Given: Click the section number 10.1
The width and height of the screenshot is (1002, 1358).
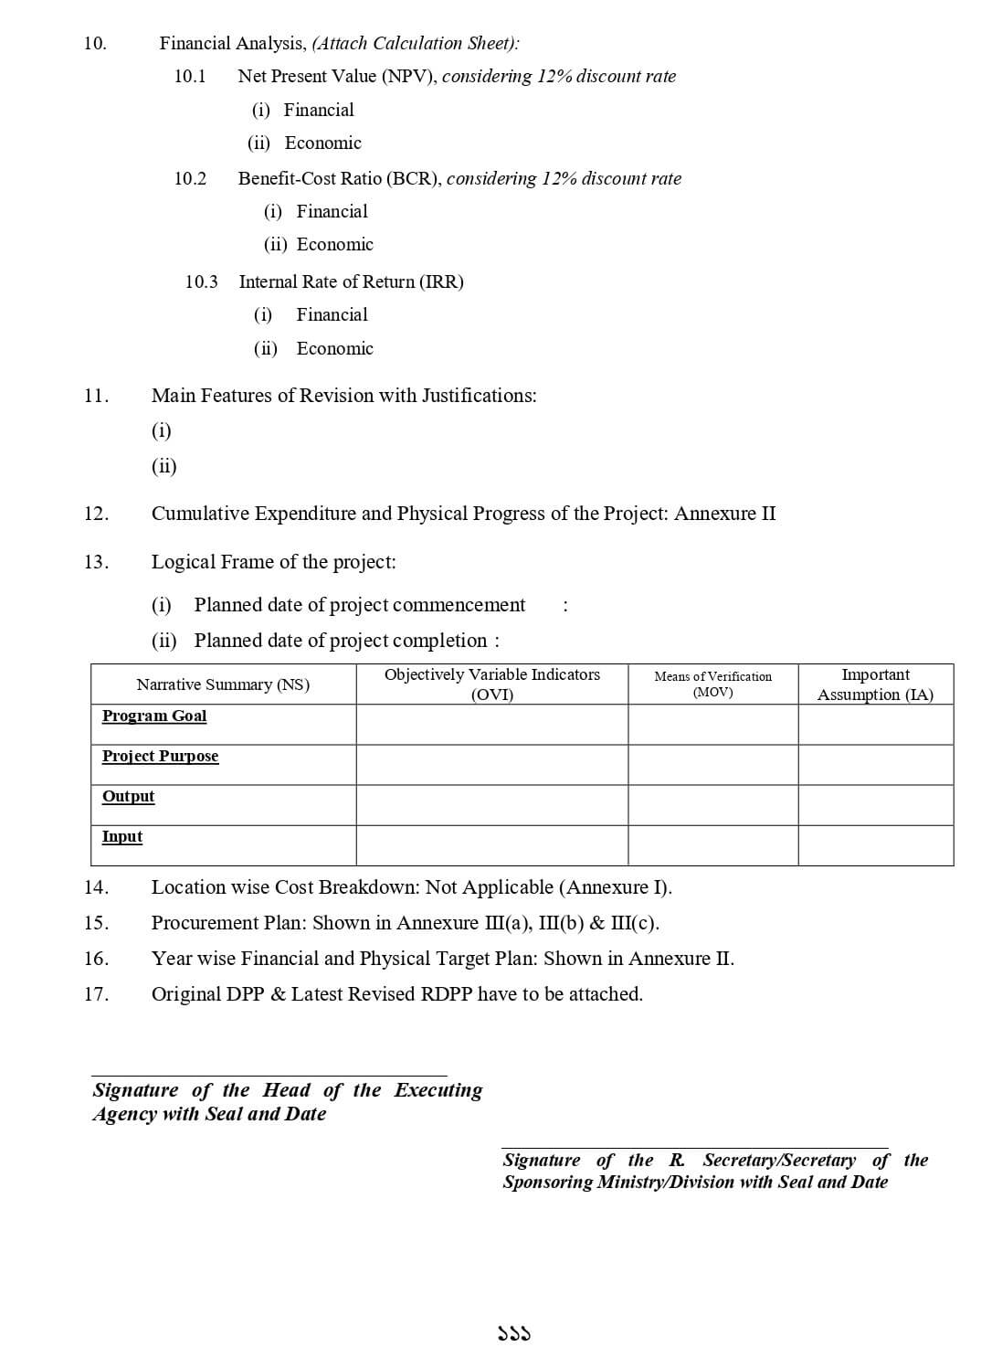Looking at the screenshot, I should click(190, 76).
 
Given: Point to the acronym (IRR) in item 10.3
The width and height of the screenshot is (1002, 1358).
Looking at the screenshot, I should click(441, 281).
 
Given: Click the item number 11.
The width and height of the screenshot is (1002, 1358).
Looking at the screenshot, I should click(96, 396).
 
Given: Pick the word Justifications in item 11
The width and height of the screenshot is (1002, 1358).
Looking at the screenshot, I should click(479, 396).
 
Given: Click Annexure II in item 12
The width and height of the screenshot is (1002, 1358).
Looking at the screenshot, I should click(725, 514).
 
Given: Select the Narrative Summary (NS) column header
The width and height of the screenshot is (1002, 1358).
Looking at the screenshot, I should click(223, 684).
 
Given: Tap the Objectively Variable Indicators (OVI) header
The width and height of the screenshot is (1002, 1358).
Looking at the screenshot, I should click(491, 684).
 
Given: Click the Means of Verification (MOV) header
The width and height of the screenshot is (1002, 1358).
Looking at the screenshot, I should click(712, 684).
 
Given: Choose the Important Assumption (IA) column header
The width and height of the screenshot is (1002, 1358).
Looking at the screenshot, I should click(875, 684).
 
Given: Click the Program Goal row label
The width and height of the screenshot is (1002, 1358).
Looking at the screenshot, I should click(154, 716).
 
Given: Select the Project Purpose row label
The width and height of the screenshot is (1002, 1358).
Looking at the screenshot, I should click(160, 756).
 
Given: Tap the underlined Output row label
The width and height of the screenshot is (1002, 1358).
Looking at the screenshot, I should click(128, 796).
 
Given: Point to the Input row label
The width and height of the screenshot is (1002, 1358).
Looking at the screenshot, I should click(122, 836).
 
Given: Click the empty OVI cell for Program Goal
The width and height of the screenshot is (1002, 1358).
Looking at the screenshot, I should click(491, 725).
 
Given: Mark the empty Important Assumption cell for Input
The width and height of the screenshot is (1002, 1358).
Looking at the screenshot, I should click(875, 845).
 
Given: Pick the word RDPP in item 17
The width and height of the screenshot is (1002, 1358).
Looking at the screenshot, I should click(447, 994).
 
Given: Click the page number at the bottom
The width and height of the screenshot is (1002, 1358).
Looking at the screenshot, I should click(514, 1334).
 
